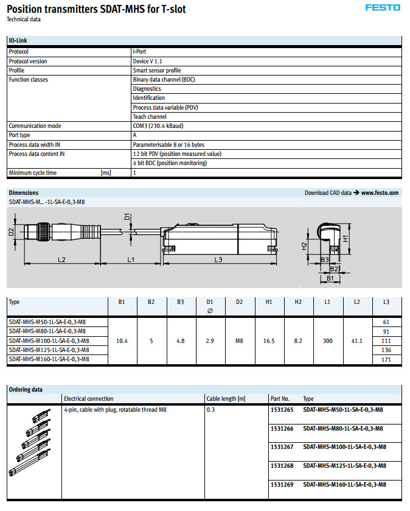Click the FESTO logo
coord(383,8)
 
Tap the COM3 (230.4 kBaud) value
coord(158,126)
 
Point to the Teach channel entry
coord(150,116)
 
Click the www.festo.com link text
coord(380,192)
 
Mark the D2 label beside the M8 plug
coord(12,232)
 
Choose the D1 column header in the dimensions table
coord(210,301)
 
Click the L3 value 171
coord(386,360)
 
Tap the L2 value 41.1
coord(357,341)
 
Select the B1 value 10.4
coord(122,341)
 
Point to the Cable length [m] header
coord(226,399)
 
